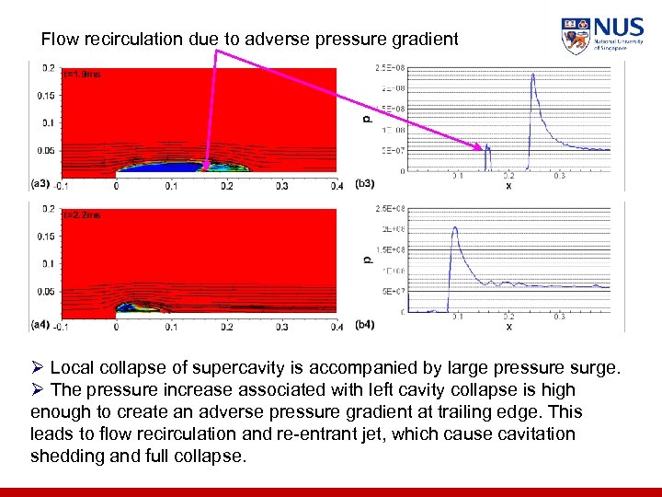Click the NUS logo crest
[576, 36]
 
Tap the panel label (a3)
[40, 184]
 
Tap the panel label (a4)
[40, 325]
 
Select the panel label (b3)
[364, 184]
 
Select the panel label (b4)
[364, 325]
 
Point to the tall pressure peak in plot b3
[533, 78]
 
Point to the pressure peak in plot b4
[454, 229]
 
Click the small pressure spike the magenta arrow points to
[487, 149]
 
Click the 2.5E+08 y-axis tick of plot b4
[389, 209]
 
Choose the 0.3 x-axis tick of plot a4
[281, 326]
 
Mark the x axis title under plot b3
[508, 185]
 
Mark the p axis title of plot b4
[367, 260]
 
